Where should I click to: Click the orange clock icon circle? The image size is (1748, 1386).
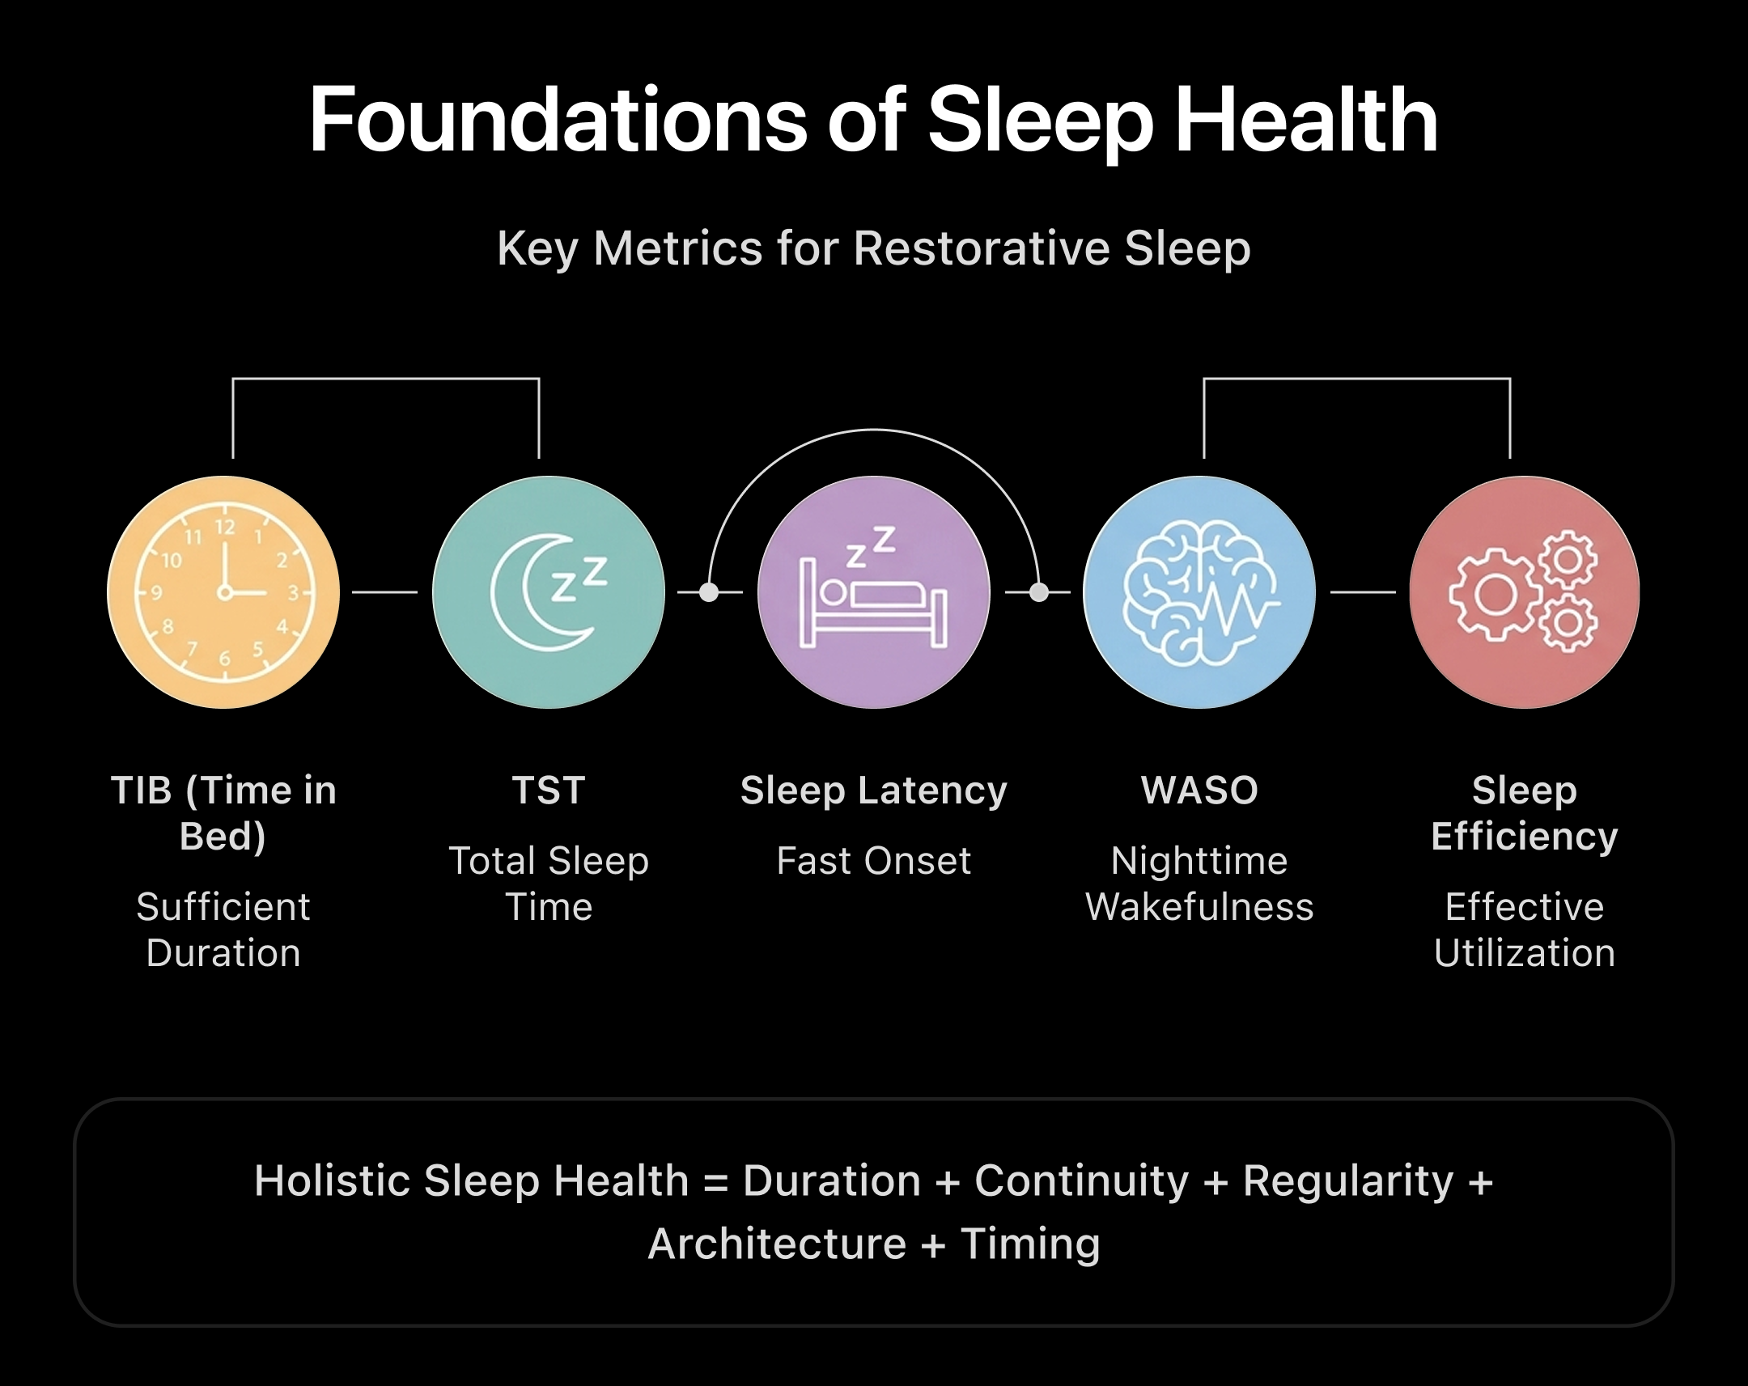click(x=223, y=592)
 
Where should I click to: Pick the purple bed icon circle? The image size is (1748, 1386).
click(x=873, y=592)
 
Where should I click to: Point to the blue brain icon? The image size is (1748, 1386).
click(x=1199, y=592)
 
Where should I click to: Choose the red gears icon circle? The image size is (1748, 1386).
click(x=1524, y=592)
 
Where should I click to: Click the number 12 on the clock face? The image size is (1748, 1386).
click(x=225, y=528)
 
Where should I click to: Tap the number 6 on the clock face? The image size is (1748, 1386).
click(x=225, y=659)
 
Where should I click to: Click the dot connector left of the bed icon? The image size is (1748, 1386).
click(x=709, y=592)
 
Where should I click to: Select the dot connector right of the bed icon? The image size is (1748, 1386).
click(x=1038, y=592)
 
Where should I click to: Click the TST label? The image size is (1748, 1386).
click(x=548, y=790)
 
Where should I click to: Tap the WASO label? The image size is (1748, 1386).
click(x=1199, y=790)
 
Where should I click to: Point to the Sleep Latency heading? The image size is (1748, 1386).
click(x=873, y=790)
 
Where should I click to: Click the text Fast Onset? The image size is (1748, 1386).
click(x=873, y=861)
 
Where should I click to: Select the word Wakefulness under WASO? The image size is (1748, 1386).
click(x=1199, y=907)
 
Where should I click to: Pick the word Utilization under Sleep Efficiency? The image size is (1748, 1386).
click(x=1524, y=953)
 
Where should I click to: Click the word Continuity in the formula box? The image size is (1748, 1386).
click(x=1080, y=1181)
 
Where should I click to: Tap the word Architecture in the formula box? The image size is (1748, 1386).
click(x=777, y=1244)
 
